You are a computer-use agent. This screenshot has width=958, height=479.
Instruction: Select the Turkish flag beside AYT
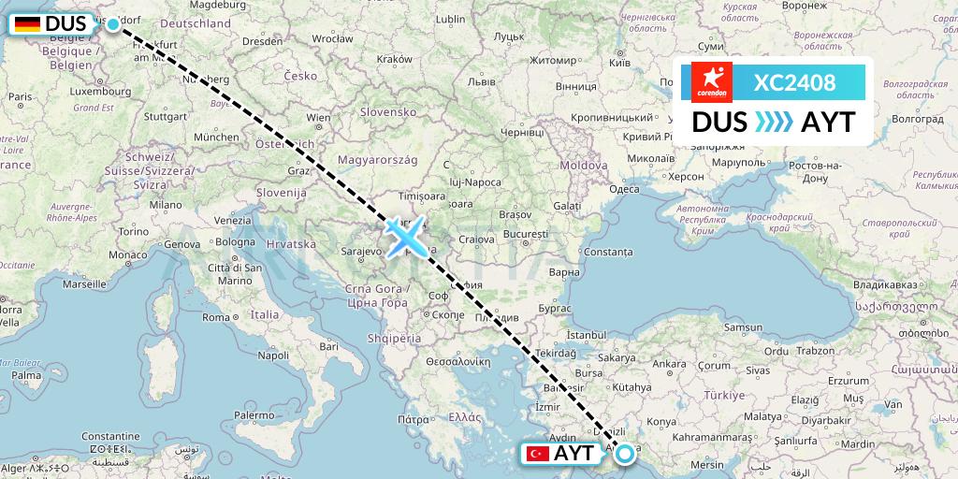[x=538, y=454]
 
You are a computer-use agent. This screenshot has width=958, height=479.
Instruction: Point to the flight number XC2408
[x=794, y=82]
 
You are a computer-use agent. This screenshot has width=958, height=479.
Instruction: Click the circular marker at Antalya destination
[x=624, y=454]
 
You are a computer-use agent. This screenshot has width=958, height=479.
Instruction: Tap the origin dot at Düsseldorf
[x=113, y=24]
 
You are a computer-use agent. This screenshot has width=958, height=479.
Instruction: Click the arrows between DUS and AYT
[x=775, y=123]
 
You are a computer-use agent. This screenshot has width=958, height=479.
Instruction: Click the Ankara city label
[x=669, y=364]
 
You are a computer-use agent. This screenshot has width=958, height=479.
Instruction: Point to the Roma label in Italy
[x=216, y=317]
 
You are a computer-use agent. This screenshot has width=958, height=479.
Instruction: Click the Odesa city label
[x=624, y=189]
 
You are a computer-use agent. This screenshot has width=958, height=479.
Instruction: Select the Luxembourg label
[x=69, y=92]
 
